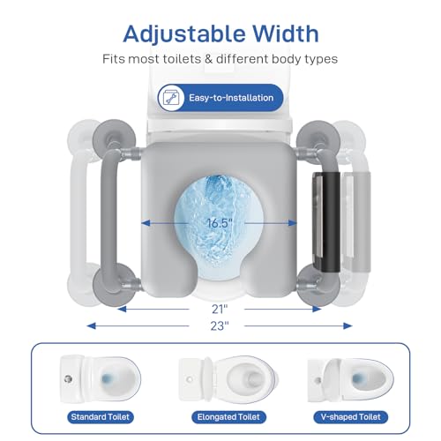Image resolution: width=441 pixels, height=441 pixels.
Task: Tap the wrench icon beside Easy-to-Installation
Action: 170,98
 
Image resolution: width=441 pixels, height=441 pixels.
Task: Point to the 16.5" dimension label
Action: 220,222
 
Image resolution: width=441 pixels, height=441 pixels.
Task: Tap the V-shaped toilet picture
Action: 345,374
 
